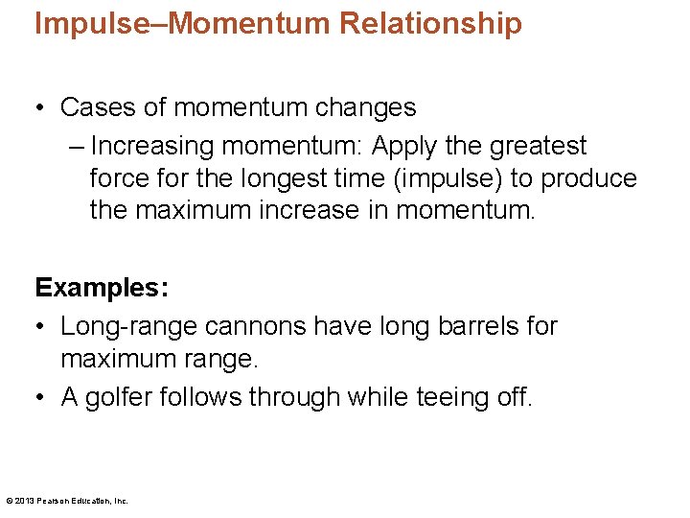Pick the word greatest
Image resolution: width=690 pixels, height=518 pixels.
(x=539, y=146)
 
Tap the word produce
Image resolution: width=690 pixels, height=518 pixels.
(x=590, y=178)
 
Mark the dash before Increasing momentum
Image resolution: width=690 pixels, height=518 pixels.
(x=77, y=146)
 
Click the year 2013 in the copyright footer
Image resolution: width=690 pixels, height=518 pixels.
(x=23, y=501)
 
